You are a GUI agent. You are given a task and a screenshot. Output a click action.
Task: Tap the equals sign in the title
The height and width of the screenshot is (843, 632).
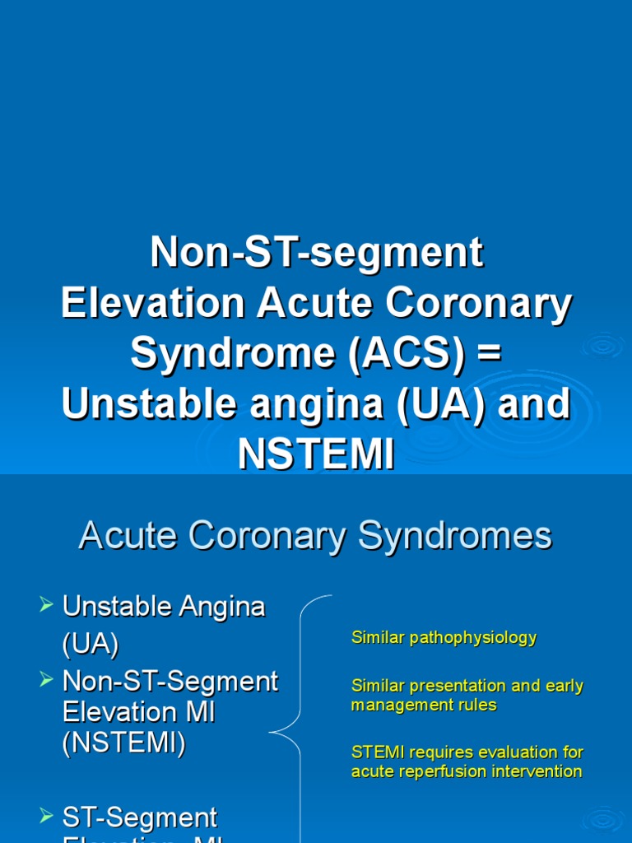pos(489,353)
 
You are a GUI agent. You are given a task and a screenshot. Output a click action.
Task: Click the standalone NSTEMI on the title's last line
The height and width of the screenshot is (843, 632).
pos(316,454)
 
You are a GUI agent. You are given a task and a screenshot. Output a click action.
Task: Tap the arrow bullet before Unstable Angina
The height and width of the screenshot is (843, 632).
pos(46,607)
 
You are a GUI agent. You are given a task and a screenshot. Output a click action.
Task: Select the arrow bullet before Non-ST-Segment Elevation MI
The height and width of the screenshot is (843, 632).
pos(46,680)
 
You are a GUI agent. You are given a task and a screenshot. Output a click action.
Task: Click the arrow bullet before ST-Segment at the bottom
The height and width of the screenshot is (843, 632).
pos(46,817)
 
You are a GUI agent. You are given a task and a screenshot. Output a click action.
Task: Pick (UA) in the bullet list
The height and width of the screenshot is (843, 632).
pos(91,644)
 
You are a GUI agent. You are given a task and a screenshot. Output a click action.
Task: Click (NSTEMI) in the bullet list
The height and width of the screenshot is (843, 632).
pos(124,743)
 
